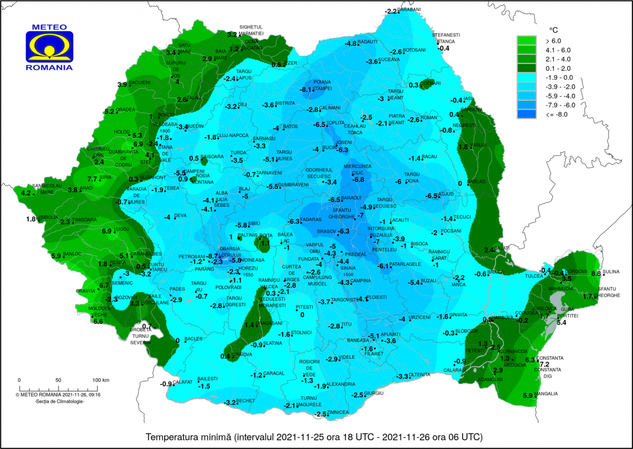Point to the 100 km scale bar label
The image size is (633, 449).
(101, 380)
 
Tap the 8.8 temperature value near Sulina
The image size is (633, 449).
(596, 273)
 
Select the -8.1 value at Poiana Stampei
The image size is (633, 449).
(306, 90)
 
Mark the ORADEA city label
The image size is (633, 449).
(126, 110)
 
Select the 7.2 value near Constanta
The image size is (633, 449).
(544, 365)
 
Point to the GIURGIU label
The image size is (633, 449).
(373, 394)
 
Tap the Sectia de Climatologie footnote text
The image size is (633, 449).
(59, 402)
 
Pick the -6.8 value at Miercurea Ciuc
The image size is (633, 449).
(358, 180)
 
